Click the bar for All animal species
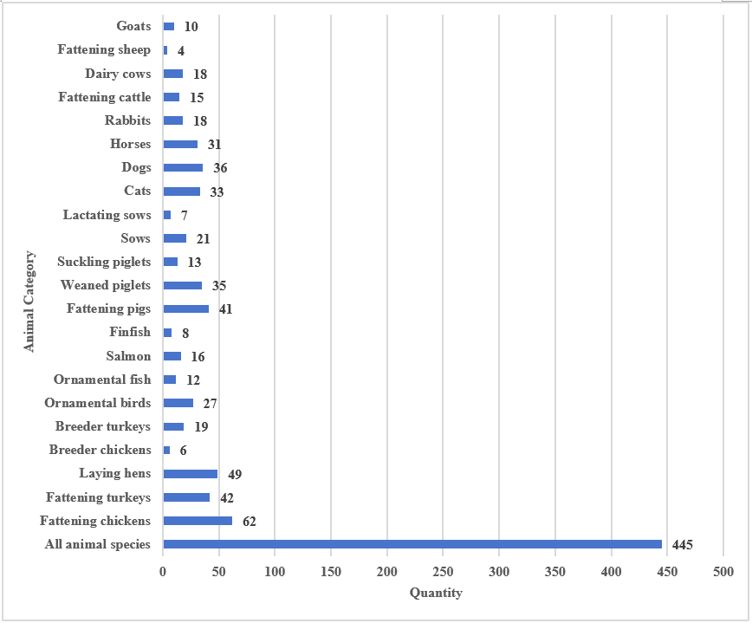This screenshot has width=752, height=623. tap(412, 544)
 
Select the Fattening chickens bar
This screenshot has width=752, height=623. tap(198, 521)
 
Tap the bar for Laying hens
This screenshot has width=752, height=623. tap(190, 474)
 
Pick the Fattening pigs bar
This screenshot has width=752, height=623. tap(185, 308)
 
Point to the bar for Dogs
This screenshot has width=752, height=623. tap(183, 168)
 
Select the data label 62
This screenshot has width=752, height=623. tap(249, 521)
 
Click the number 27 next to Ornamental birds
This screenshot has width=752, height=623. tap(210, 404)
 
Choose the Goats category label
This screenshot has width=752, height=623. tap(133, 27)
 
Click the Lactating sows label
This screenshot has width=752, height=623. tap(107, 215)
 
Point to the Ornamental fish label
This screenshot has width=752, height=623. tap(101, 380)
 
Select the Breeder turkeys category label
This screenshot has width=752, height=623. tap(102, 426)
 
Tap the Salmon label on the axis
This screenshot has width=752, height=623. tap(128, 356)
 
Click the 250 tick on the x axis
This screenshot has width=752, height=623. tap(443, 572)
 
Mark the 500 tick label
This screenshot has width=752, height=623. tap(723, 572)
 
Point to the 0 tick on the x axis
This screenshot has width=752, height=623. tap(163, 572)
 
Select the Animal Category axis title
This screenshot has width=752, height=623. tap(29, 302)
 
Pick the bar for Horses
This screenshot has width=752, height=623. tap(180, 145)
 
